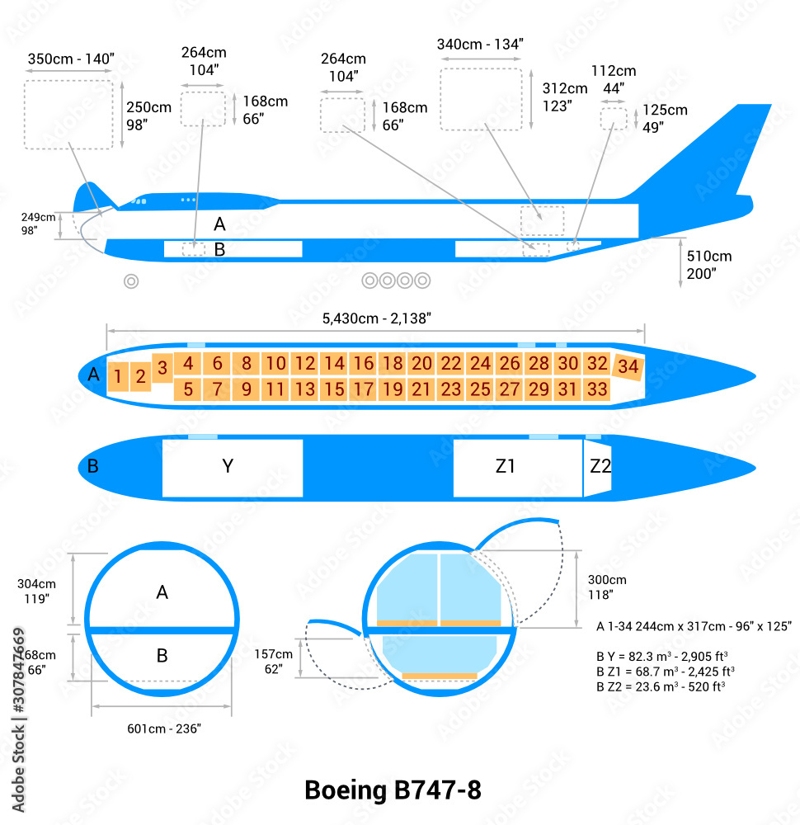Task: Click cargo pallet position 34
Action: (x=628, y=367)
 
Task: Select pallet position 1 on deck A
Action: (x=118, y=377)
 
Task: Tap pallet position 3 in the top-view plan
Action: (x=162, y=366)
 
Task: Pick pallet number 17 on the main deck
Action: (x=363, y=389)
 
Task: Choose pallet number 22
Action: (x=450, y=363)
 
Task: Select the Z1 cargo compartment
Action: (x=506, y=467)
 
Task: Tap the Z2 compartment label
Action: (x=600, y=466)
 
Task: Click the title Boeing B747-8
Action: (x=393, y=790)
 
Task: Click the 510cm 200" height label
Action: (x=708, y=265)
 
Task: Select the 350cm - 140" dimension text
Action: (x=71, y=59)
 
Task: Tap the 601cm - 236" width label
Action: (x=163, y=728)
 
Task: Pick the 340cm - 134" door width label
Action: (x=480, y=45)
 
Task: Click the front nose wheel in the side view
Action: (x=130, y=281)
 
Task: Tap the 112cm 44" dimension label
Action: (x=614, y=79)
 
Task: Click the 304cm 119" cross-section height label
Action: (x=36, y=591)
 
